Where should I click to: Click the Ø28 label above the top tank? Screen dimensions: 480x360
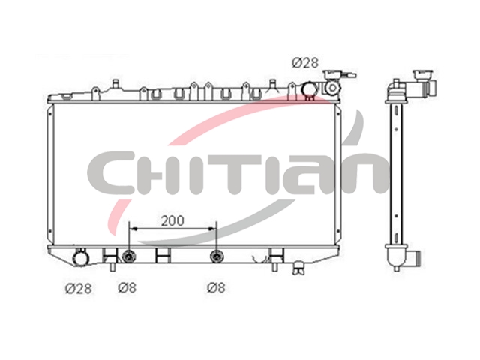click(305, 63)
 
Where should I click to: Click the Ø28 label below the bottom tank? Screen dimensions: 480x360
click(78, 288)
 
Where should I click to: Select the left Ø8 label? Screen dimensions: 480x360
click(127, 287)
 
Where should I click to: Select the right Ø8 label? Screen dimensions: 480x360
click(216, 287)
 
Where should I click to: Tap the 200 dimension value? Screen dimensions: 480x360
click(172, 221)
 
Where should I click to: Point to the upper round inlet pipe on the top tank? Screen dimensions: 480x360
click(310, 89)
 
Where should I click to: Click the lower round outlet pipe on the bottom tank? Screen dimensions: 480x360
click(81, 258)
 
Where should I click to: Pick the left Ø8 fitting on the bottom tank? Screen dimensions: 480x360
click(129, 256)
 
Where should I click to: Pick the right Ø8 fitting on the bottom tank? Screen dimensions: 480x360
click(217, 256)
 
